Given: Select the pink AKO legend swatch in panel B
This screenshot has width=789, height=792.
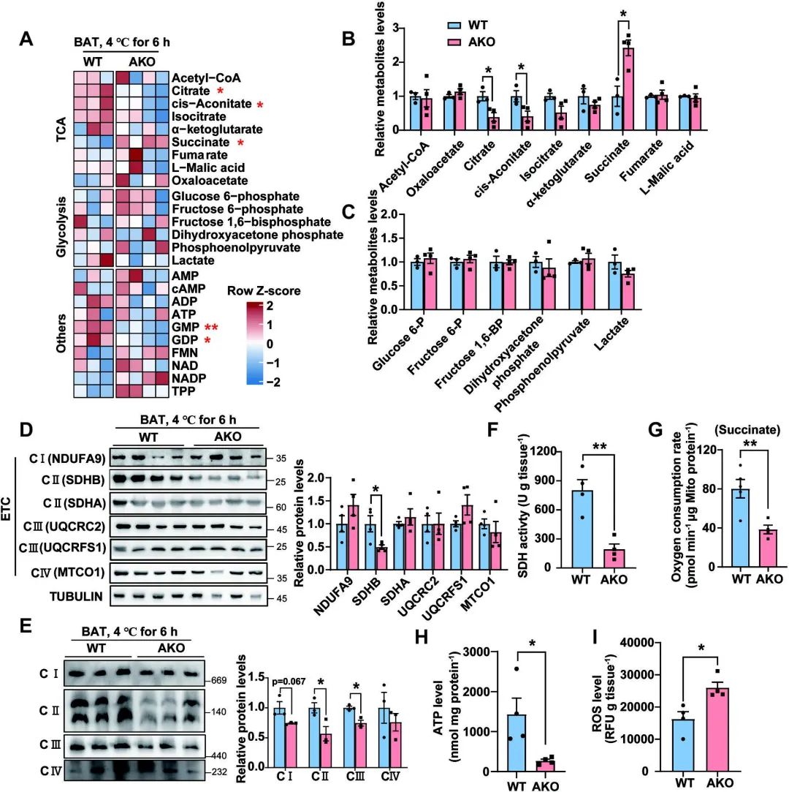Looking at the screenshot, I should pos(456,42).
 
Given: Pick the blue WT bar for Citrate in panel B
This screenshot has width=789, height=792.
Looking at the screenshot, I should pos(482,113).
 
